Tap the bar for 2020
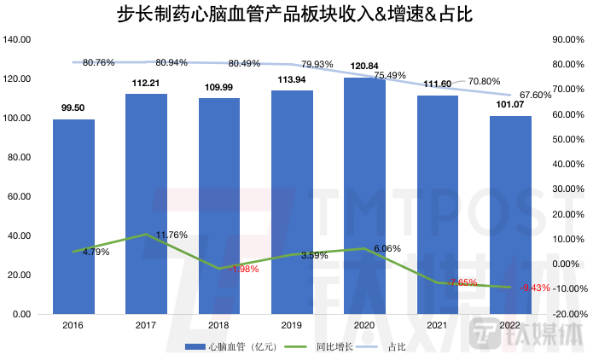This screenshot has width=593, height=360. (363, 196)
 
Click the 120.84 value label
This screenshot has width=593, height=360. (363, 67)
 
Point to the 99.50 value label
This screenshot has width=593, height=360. (73, 107)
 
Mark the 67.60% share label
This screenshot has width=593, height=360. (536, 95)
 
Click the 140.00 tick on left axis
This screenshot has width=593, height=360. (18, 39)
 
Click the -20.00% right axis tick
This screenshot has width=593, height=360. (567, 314)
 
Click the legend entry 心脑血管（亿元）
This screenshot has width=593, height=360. (231, 346)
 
